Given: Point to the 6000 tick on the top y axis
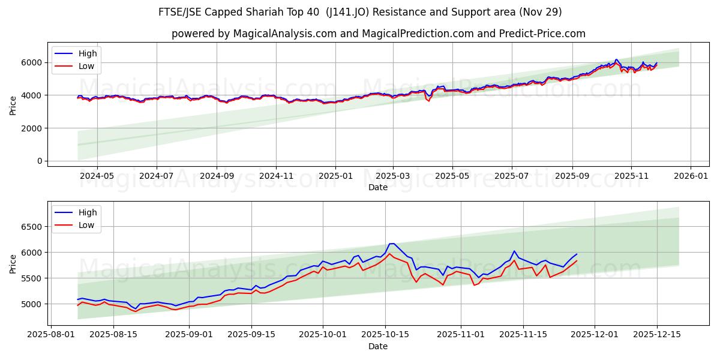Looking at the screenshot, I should coord(32,62).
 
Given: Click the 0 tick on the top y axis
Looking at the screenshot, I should coord(40,161).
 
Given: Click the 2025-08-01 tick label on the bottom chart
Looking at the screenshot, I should coord(51,335).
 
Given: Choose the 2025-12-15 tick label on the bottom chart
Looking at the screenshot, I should coord(656,335).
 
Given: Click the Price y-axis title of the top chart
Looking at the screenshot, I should coord(13,105).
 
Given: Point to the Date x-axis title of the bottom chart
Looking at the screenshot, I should coord(378,346).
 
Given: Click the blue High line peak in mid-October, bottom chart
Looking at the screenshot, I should coord(391,243).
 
